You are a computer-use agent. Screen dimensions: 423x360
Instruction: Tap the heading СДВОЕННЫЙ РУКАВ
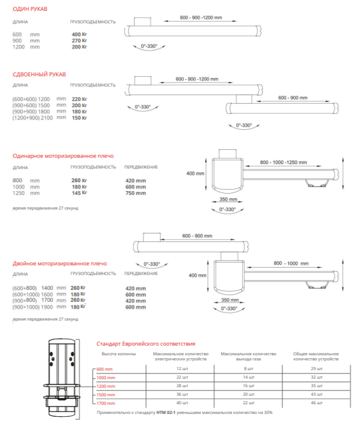pos(39,74)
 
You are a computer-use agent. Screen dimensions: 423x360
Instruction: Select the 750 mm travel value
pos(135,192)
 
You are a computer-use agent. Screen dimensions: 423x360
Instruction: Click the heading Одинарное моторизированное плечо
pos(63,155)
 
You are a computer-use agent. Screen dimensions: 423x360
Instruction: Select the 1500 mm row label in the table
pos(106,395)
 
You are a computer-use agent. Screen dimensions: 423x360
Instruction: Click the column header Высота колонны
pos(118,354)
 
